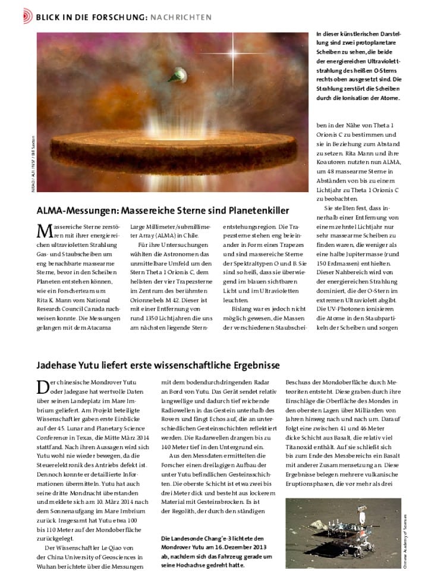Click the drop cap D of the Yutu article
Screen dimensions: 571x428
(43, 387)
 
